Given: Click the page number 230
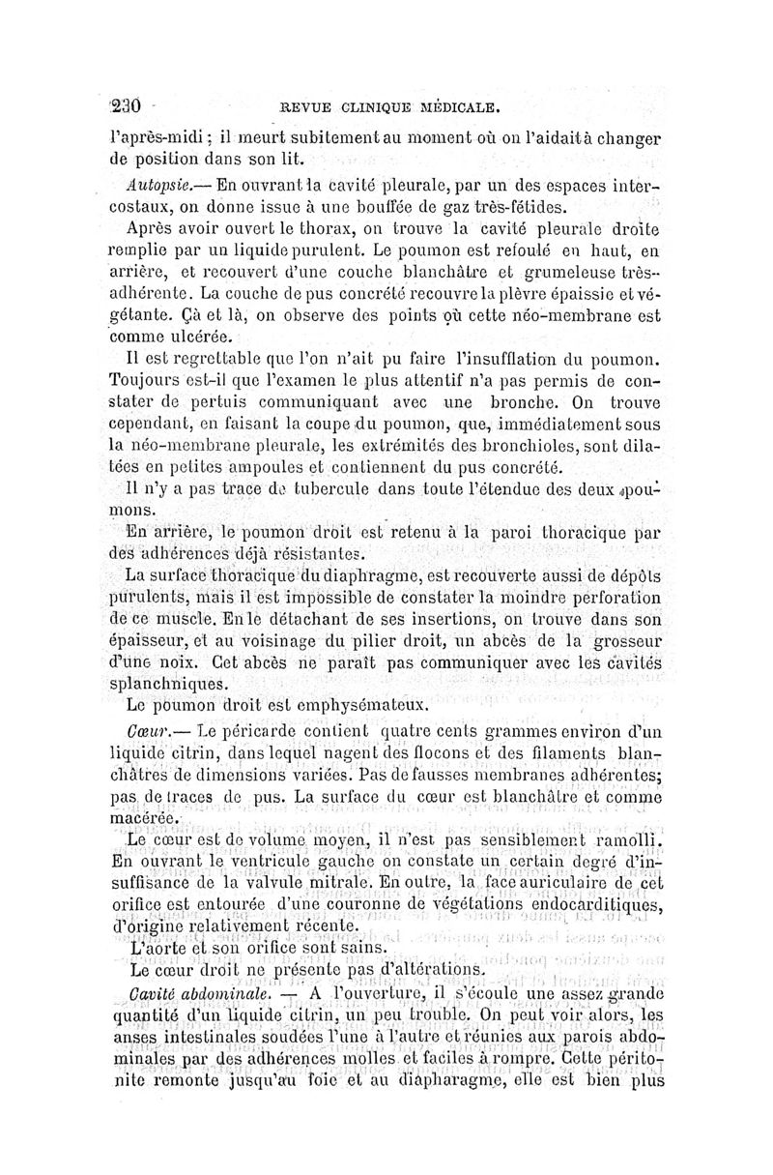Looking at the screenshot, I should tap(125, 105).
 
